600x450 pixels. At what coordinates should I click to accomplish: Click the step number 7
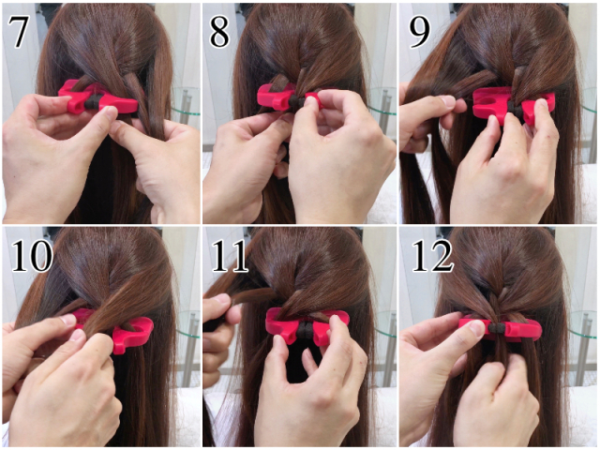point(18,32)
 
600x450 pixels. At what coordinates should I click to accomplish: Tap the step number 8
point(219,33)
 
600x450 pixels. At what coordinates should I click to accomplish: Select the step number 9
point(419,33)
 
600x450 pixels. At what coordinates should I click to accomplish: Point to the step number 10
point(32,256)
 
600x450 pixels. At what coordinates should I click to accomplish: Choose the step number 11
point(230,256)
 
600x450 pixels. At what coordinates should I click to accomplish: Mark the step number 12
point(432,256)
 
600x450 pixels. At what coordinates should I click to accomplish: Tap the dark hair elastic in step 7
point(92,102)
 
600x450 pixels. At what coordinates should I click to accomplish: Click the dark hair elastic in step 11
point(306,329)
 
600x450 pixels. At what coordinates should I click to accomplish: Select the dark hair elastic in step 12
point(498,327)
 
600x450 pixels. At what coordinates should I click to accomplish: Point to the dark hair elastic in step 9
point(516,111)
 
